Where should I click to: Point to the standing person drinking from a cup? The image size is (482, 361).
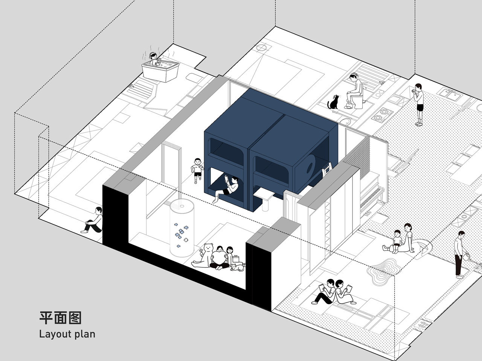coord(419,103)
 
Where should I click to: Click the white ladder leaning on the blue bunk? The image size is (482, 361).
coord(326,170)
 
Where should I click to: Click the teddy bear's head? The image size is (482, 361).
coord(208,249)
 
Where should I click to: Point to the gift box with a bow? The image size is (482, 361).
coord(236,259)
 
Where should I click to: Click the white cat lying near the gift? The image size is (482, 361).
coord(236,268)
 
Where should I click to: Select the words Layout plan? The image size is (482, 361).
coord(67,334)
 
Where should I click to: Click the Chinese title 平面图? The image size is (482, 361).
coord(60,318)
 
